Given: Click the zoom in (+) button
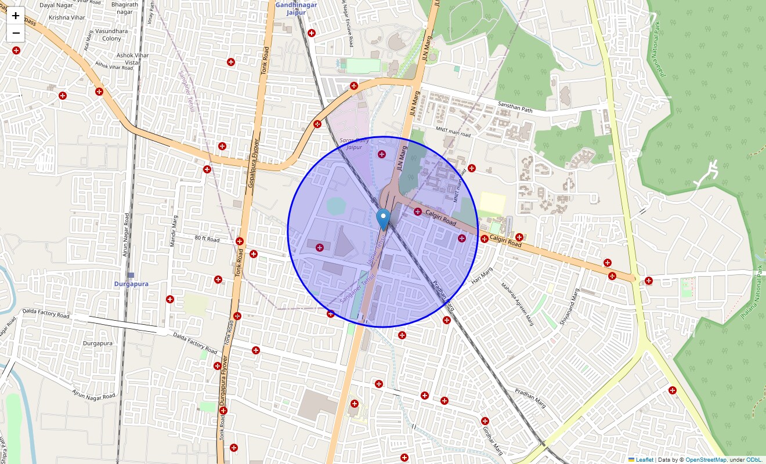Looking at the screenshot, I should click(16, 16).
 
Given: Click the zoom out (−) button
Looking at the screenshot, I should click(16, 33).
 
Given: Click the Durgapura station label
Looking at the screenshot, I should click(131, 284).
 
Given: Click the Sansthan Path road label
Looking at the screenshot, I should click(515, 107).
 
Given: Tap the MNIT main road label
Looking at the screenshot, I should click(453, 131).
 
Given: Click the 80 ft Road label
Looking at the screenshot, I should click(207, 239).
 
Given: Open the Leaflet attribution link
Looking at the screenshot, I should click(644, 459).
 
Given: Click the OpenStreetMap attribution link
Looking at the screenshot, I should click(706, 459).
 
